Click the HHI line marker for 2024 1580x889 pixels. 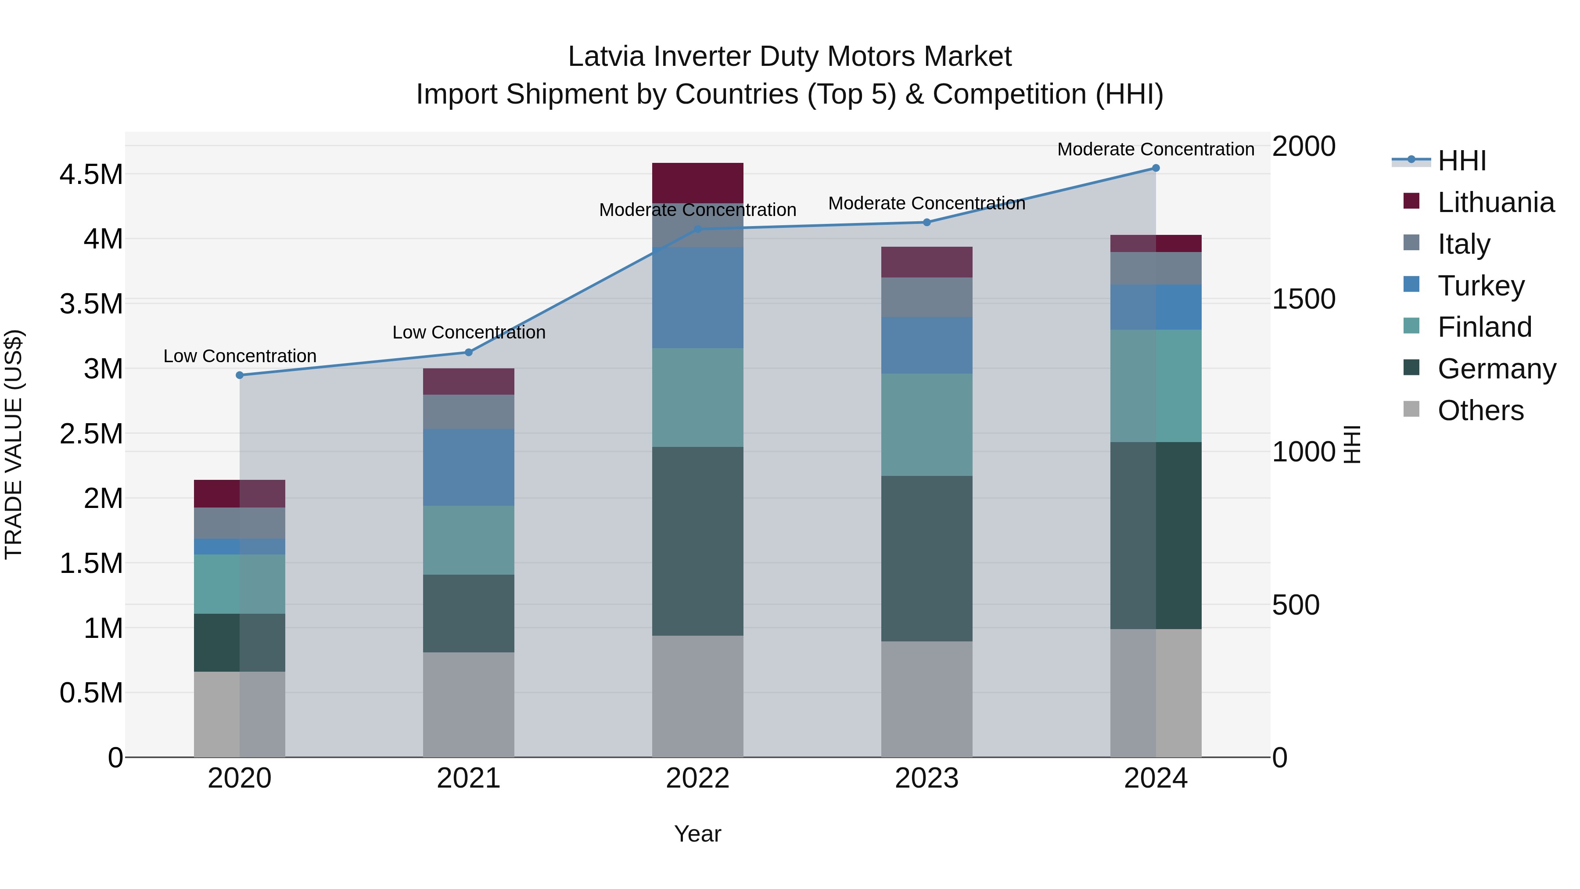(1156, 168)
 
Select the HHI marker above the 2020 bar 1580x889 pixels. (240, 375)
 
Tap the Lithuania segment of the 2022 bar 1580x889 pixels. (697, 183)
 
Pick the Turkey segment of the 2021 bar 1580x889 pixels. (469, 467)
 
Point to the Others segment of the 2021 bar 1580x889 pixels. (469, 704)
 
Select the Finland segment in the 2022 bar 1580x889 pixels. (697, 398)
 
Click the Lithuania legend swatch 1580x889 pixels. (1411, 201)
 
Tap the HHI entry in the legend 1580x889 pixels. (1461, 161)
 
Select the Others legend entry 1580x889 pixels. (1479, 410)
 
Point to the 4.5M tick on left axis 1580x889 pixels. (91, 175)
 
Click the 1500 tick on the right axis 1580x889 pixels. (1303, 299)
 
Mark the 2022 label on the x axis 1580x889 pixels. (697, 778)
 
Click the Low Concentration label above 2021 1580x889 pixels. (469, 332)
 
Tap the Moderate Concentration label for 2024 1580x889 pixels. (1156, 149)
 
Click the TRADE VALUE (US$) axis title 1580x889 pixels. (14, 444)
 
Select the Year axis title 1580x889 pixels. (697, 834)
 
